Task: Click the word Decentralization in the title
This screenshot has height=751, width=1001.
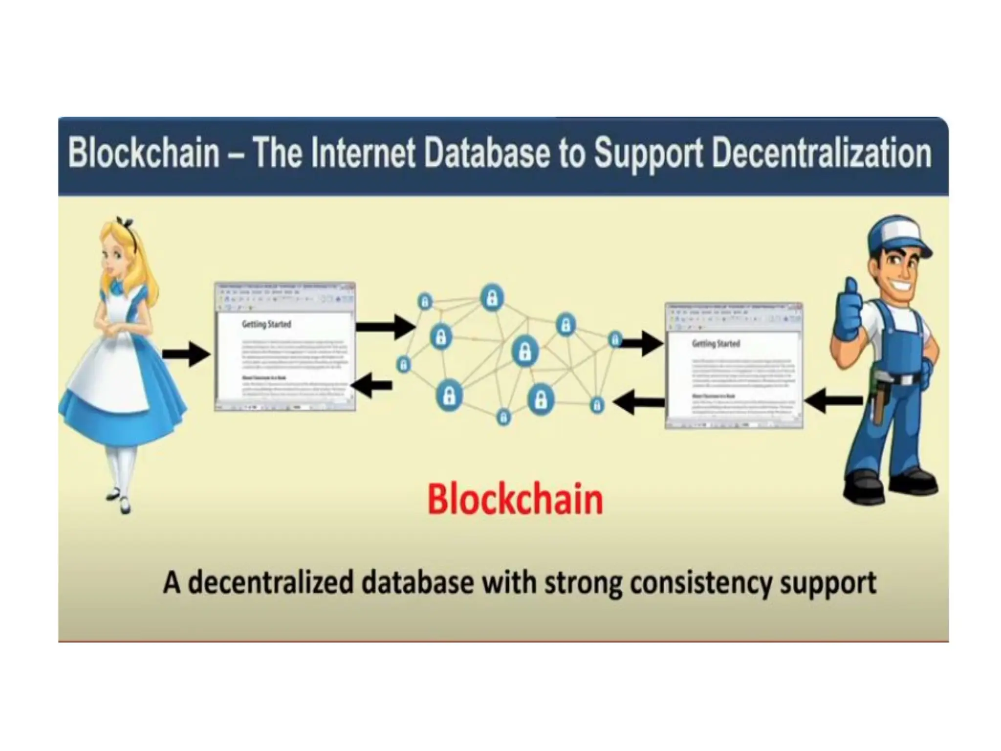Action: click(821, 154)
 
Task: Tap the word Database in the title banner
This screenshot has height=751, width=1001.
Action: click(488, 154)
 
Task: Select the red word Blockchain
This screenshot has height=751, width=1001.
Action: click(515, 500)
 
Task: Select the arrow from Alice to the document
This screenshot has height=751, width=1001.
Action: click(186, 354)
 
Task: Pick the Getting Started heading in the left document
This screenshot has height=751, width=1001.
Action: click(266, 324)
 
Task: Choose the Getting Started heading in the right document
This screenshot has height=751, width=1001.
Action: click(716, 344)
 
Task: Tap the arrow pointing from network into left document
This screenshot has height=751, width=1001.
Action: click(371, 386)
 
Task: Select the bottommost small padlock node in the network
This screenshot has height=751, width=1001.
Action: click(503, 417)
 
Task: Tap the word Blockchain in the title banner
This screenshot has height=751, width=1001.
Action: click(144, 154)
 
